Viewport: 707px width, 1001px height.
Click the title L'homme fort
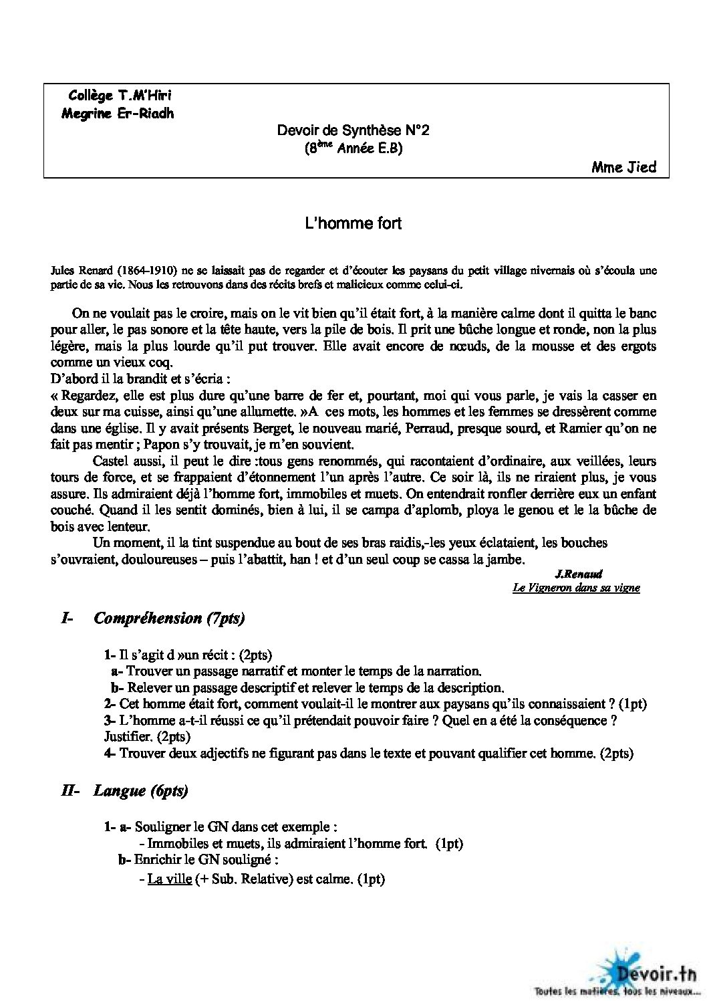click(x=353, y=223)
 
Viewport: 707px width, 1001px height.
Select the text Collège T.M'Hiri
click(x=114, y=96)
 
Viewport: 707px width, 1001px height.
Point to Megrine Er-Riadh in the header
click(x=117, y=113)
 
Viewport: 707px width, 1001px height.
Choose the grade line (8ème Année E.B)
click(x=353, y=148)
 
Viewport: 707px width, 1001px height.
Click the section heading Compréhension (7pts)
click(x=170, y=618)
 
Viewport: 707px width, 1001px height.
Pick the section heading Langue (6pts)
click(x=141, y=791)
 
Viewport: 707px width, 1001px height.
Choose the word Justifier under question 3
click(x=124, y=737)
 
